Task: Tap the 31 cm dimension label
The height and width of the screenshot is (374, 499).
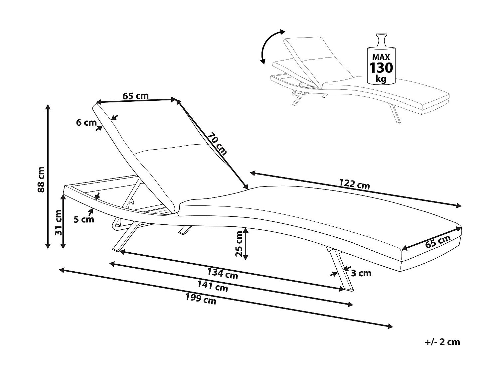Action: [x=59, y=222]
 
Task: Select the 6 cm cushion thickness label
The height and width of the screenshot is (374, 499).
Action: [x=86, y=123]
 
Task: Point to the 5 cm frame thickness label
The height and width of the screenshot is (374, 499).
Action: [x=84, y=219]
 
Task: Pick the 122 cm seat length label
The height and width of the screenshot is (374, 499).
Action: [x=354, y=184]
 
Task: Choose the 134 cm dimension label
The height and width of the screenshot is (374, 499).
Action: [x=223, y=273]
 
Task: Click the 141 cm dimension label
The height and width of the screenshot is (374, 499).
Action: [x=213, y=286]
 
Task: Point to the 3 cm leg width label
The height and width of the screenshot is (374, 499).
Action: [x=361, y=273]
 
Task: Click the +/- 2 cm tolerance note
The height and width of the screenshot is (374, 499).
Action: [x=442, y=342]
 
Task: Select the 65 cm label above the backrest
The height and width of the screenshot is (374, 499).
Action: [x=135, y=96]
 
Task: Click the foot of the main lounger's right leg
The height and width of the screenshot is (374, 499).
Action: [x=349, y=289]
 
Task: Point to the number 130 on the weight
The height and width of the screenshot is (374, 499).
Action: [x=381, y=67]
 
